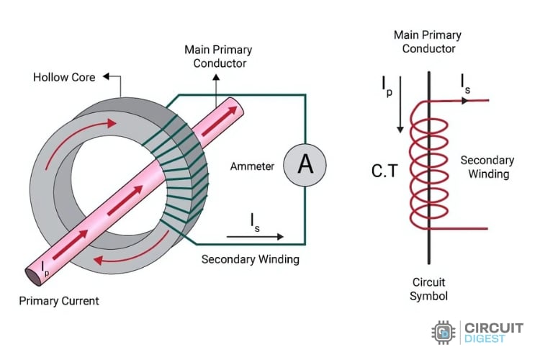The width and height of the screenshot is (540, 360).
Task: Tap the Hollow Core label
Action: click(x=64, y=77)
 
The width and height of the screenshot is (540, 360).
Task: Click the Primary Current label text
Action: click(x=60, y=300)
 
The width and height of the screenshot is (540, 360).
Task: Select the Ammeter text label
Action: click(x=251, y=166)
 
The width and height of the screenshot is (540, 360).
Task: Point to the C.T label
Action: click(x=384, y=171)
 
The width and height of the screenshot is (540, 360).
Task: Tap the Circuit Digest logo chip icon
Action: click(x=444, y=333)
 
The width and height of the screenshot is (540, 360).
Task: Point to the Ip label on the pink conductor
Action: click(x=46, y=269)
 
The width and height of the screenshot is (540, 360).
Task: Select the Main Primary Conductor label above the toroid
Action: click(x=215, y=56)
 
